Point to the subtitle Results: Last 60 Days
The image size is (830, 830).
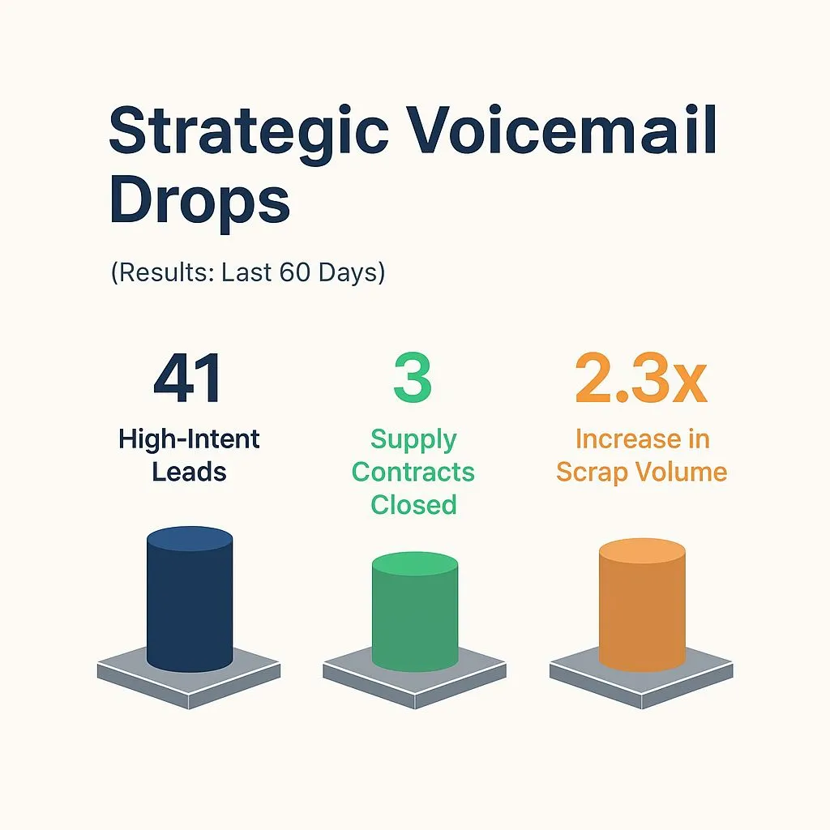point(247,272)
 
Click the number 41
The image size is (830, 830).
point(188,379)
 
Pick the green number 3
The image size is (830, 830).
point(413,379)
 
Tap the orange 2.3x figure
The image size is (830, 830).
point(641,379)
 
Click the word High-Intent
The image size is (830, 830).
point(189,439)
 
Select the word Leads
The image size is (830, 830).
point(188,472)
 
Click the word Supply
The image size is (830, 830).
point(413,439)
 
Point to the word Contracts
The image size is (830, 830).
point(413,472)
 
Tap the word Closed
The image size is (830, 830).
point(413,504)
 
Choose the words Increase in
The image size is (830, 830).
point(642,439)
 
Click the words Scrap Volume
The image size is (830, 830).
point(642,472)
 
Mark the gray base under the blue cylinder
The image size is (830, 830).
point(122,673)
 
